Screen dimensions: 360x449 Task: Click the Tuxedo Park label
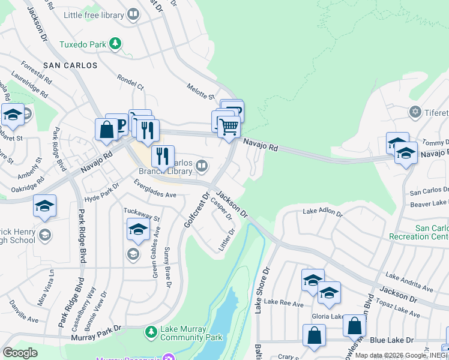83,44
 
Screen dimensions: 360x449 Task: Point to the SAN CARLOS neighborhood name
70,64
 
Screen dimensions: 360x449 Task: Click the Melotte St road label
200,92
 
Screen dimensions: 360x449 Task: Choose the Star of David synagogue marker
414,112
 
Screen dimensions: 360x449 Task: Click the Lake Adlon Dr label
322,212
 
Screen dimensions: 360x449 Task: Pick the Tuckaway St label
142,214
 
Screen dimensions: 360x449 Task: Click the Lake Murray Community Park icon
152,331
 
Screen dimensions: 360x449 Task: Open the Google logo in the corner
20,353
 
